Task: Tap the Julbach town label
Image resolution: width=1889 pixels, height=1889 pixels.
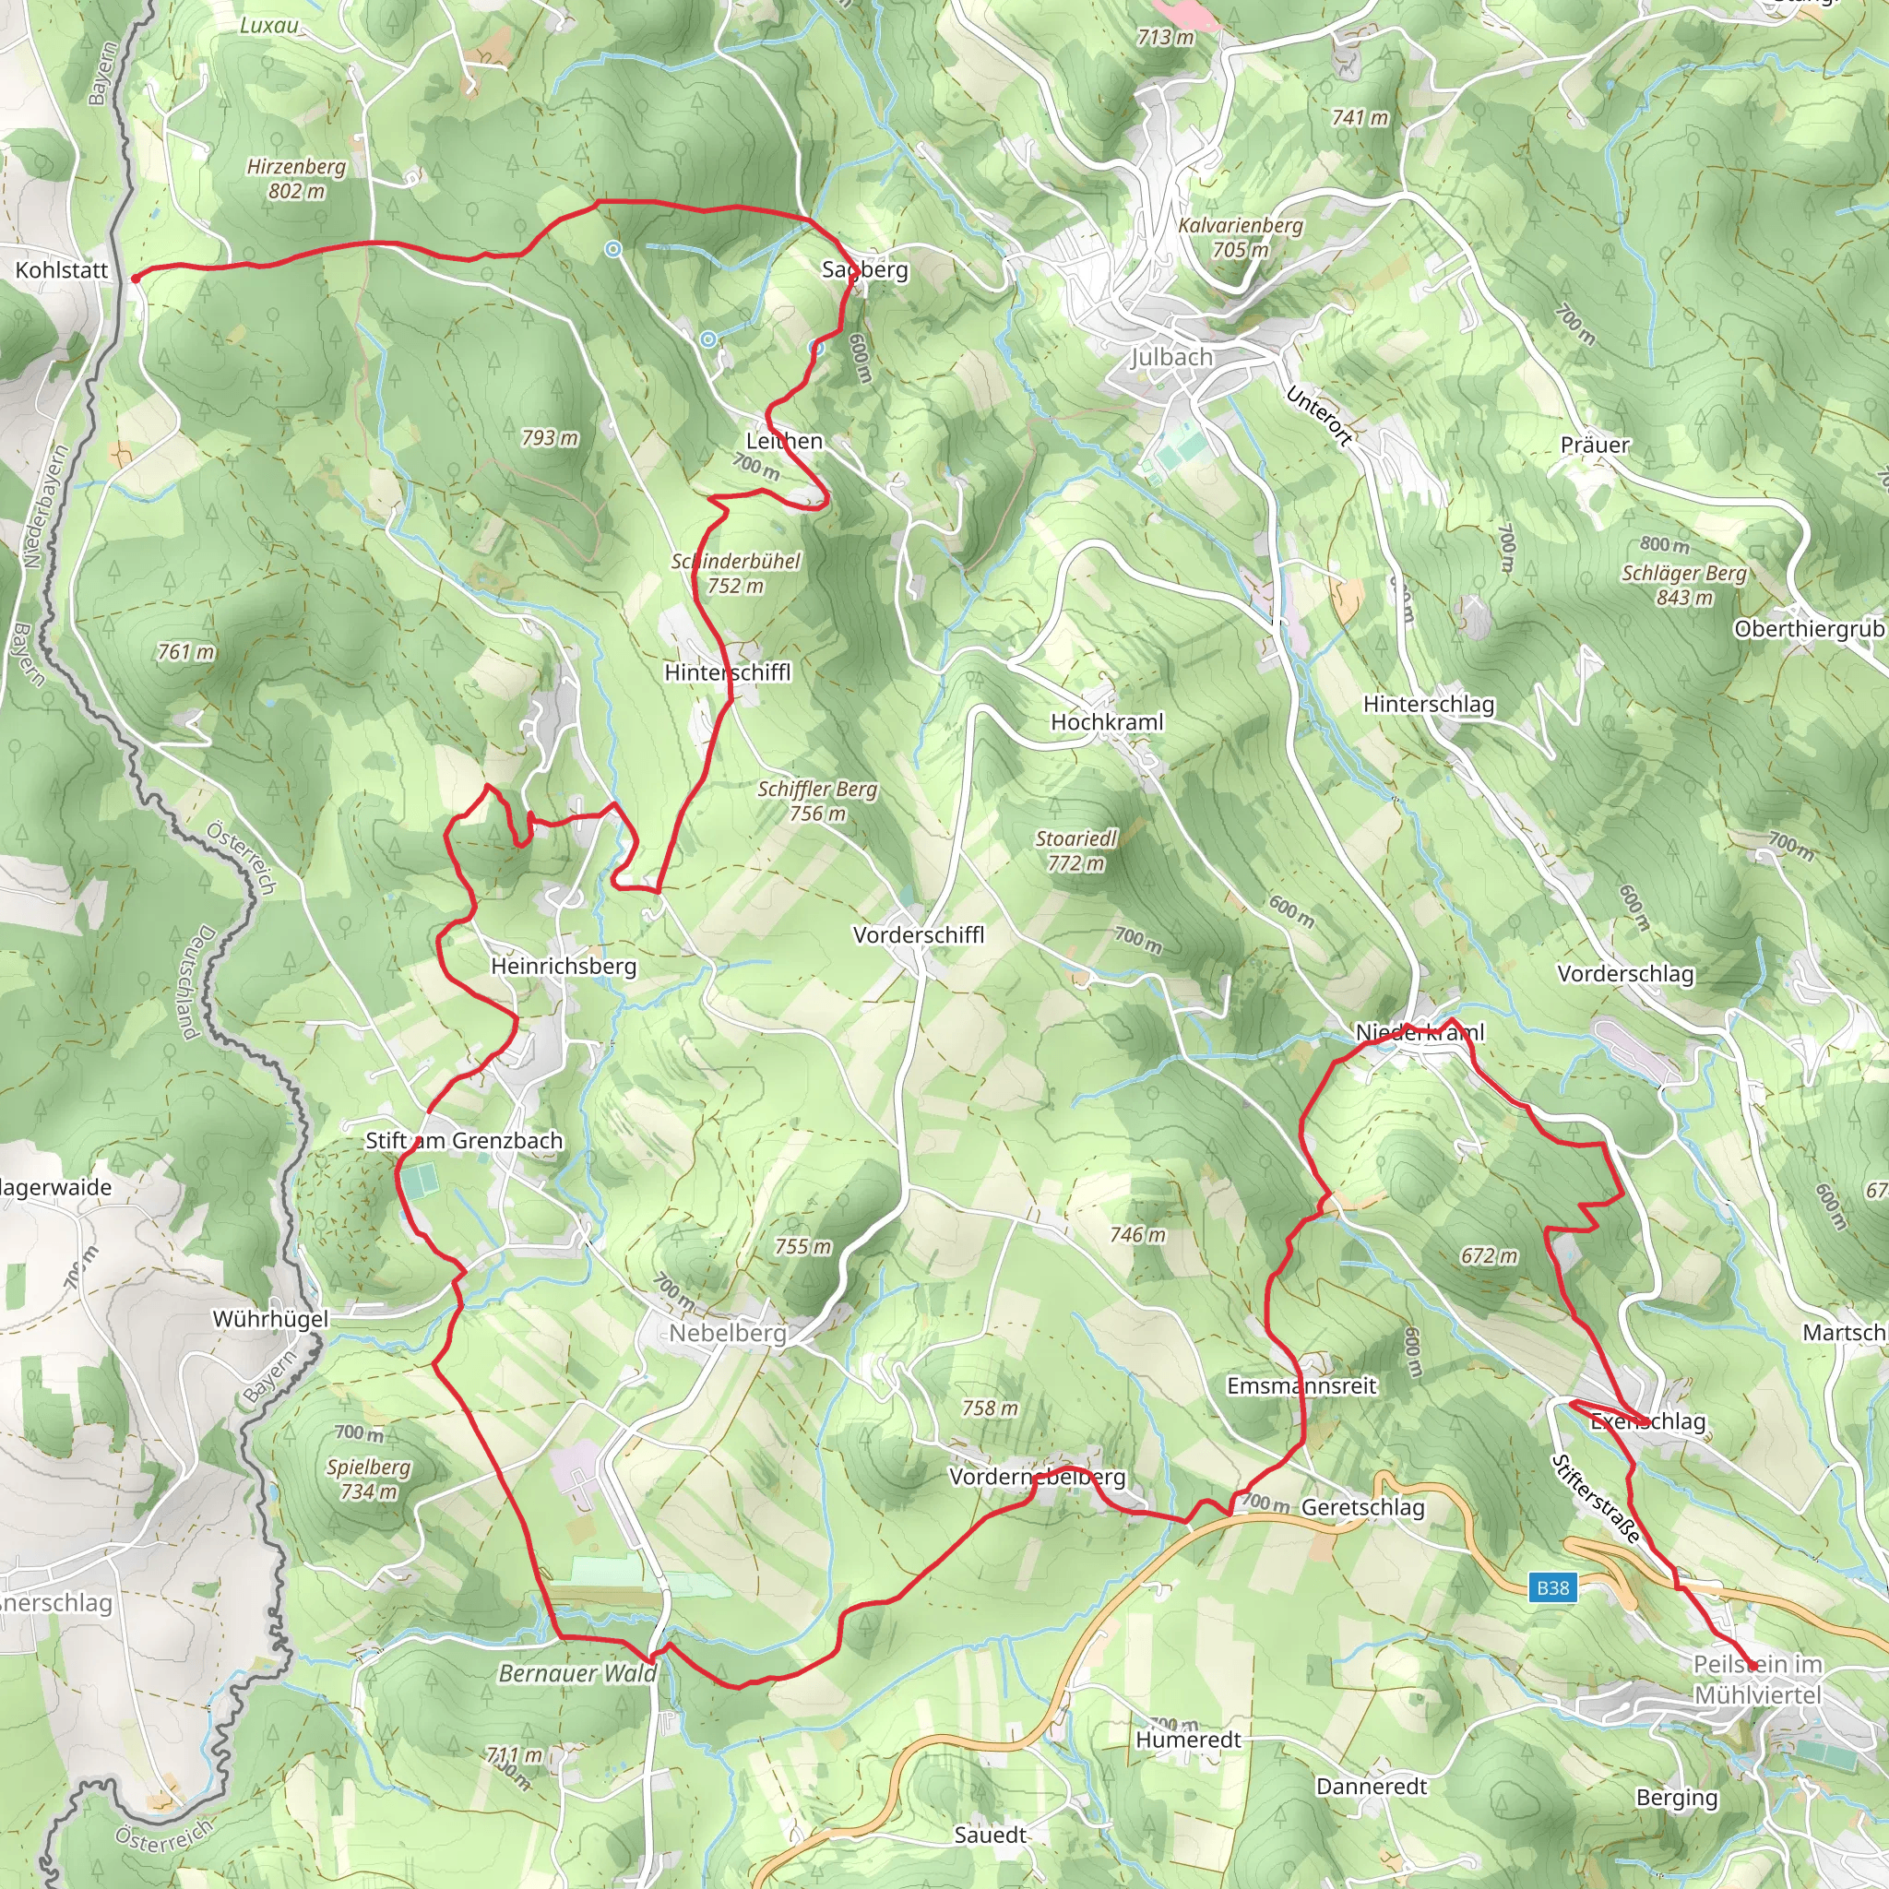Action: tap(1171, 358)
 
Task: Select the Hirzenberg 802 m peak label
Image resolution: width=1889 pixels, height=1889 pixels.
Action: tap(296, 179)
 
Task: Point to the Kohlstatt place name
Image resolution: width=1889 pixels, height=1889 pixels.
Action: tap(62, 270)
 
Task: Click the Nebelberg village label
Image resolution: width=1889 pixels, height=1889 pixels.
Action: tap(728, 1333)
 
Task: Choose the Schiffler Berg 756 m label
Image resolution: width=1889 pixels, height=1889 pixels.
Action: tap(817, 801)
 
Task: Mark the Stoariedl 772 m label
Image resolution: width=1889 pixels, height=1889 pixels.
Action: tap(1075, 850)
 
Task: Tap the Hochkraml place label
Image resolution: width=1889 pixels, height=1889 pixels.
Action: tap(1107, 721)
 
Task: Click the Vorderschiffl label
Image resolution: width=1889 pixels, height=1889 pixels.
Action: tap(918, 934)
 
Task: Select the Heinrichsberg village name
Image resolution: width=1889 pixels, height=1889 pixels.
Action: tap(564, 966)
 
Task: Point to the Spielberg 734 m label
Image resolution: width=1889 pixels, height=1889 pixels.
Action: tap(369, 1479)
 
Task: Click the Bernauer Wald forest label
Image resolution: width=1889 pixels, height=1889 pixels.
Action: tap(576, 1673)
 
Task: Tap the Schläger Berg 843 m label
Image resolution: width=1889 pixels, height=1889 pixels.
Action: tap(1683, 585)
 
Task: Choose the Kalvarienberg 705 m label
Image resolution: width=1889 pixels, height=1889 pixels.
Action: tap(1240, 237)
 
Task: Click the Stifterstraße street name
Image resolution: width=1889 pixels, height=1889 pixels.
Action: tap(1596, 1499)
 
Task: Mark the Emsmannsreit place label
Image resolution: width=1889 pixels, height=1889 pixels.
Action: tap(1301, 1385)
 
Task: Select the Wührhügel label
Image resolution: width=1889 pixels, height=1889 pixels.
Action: tap(271, 1319)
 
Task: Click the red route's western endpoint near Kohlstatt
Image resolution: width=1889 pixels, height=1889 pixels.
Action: tap(135, 279)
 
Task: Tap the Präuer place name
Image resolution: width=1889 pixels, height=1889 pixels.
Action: tap(1595, 445)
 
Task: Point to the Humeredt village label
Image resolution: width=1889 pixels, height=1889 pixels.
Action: tap(1188, 1740)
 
